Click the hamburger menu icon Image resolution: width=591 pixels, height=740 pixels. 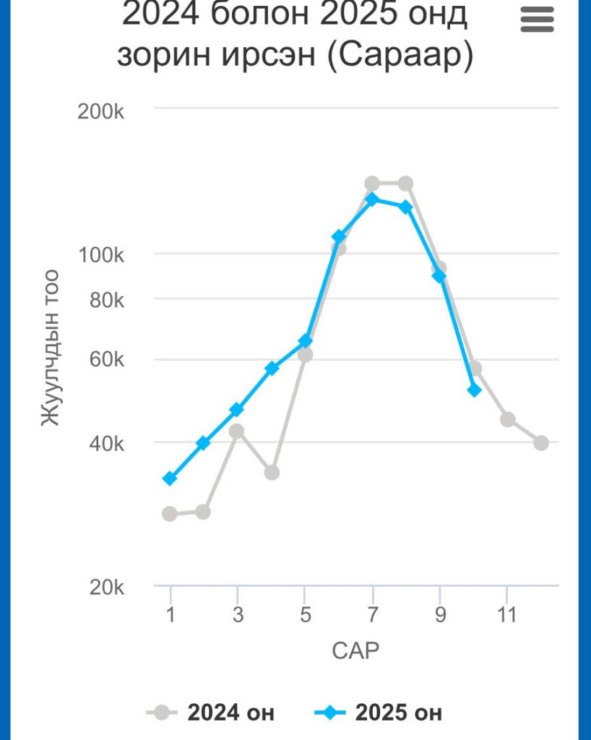537,20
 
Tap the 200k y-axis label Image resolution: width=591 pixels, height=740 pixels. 101,111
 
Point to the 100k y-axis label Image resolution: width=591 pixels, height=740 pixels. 101,255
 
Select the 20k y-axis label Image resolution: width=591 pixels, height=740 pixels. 107,588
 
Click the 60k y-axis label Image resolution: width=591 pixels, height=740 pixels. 107,361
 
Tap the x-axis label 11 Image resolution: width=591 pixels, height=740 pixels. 507,615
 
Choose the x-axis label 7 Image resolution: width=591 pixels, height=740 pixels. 372,615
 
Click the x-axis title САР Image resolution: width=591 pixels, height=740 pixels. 355,650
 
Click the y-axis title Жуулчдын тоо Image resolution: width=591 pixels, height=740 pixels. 49,348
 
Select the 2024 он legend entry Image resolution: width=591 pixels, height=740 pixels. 212,713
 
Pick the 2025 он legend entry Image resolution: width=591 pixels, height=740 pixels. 379,713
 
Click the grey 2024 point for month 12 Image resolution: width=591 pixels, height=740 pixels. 541,442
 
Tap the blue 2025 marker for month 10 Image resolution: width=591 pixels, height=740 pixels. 474,390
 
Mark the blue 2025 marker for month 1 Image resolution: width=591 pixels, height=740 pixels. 170,478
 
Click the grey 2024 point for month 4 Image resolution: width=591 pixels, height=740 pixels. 272,472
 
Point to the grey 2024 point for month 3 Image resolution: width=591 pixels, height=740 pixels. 237,431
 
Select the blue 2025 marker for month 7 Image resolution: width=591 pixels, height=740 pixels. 372,199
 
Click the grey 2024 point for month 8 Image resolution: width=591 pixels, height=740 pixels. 405,184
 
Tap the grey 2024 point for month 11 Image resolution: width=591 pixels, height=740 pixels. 507,419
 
